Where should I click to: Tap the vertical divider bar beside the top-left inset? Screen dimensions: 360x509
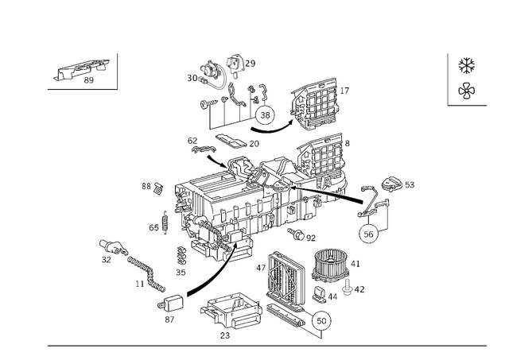(x=117, y=71)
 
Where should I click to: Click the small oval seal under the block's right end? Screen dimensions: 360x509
(x=301, y=235)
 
